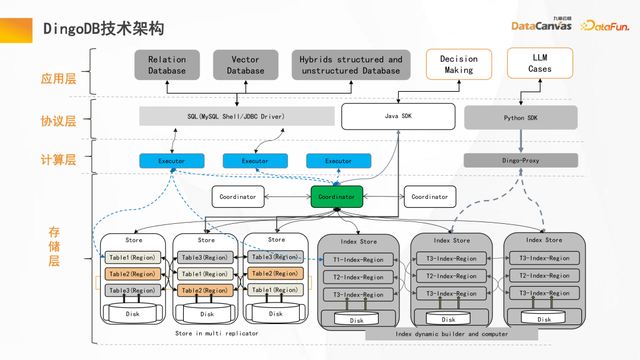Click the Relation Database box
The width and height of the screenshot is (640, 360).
(x=167, y=65)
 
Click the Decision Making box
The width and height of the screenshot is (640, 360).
(x=459, y=65)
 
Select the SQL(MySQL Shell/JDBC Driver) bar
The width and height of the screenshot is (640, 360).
(x=236, y=117)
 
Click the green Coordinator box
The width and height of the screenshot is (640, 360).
(x=336, y=197)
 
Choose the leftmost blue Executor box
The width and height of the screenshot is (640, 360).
(x=171, y=160)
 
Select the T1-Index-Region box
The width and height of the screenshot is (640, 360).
(x=359, y=259)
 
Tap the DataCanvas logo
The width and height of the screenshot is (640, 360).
(x=540, y=25)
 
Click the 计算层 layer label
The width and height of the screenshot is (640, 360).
(x=52, y=160)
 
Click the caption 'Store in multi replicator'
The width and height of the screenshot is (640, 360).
(x=216, y=332)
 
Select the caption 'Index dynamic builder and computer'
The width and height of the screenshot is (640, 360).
(x=451, y=333)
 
